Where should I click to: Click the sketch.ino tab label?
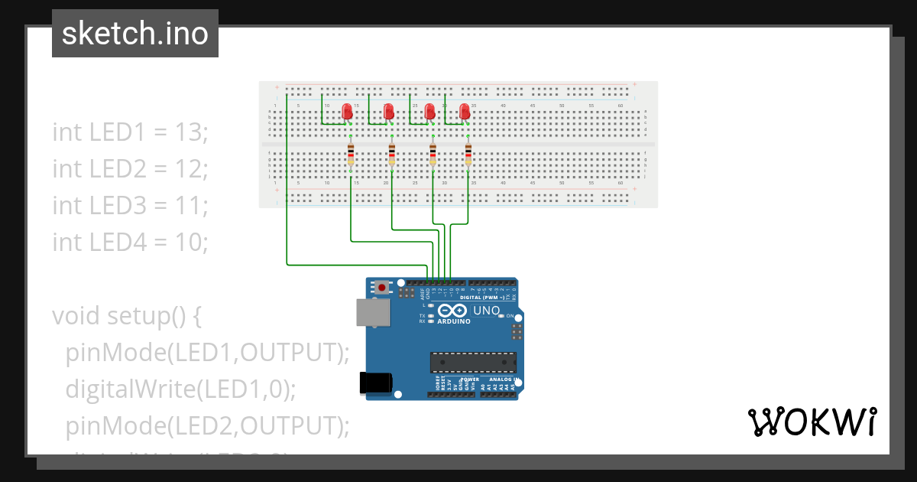coord(135,34)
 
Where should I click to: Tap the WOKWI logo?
coord(811,422)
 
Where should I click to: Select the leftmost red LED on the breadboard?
coord(347,111)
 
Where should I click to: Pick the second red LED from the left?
coord(388,111)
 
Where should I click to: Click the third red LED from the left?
coord(429,111)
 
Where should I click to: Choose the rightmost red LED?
coord(465,111)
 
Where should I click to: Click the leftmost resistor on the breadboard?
coord(351,153)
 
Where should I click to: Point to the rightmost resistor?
coord(468,153)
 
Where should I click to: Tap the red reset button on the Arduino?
coord(381,288)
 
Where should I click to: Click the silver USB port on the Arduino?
coord(373,312)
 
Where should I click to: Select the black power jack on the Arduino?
coord(376,383)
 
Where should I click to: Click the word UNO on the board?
coord(486,311)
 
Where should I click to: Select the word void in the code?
coord(76,315)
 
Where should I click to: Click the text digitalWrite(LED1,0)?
coord(180,389)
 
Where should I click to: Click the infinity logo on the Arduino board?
coord(452,311)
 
